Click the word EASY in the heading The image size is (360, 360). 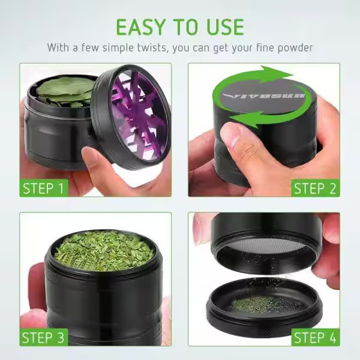tap(141, 27)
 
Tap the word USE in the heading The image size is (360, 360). tap(226, 27)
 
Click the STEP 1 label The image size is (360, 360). tap(44, 188)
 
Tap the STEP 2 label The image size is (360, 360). tap(316, 188)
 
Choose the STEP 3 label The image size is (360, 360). tap(44, 337)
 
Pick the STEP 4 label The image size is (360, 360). tap(316, 337)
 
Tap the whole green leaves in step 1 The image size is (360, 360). tap(65, 91)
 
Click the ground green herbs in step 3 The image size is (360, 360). tap(104, 250)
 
